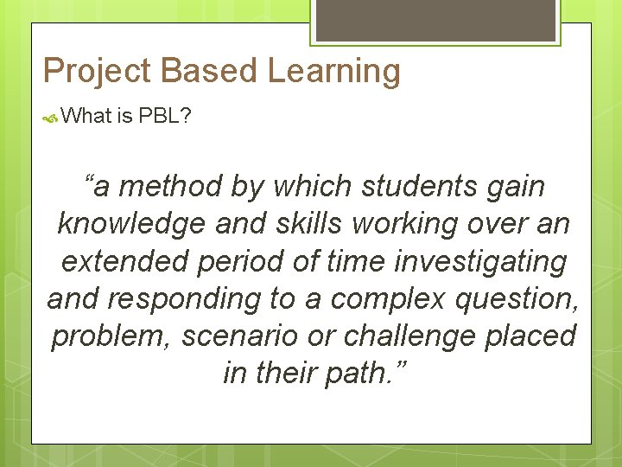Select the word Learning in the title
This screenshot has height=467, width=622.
point(333,72)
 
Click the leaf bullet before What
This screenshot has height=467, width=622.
point(51,117)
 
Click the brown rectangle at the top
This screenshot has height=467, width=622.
point(435,18)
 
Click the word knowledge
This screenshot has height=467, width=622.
point(129,223)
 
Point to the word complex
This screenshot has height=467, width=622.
point(384,298)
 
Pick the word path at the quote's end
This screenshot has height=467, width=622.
point(364,373)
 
